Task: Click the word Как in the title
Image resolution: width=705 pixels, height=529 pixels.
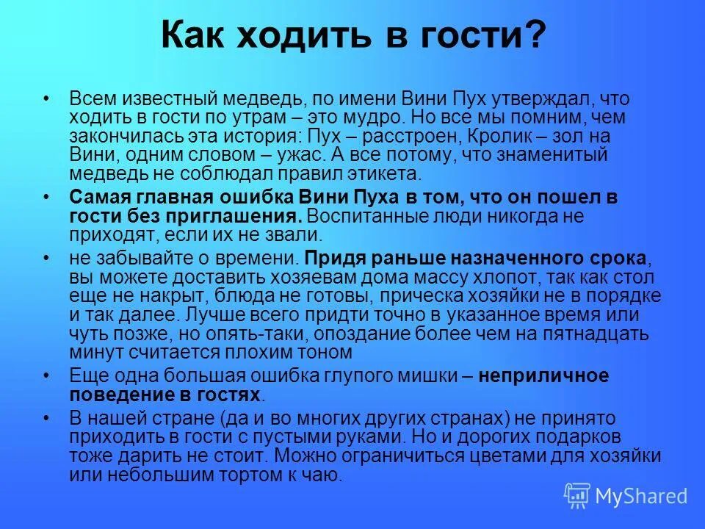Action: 193,35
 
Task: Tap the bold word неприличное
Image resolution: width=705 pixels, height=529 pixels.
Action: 543,376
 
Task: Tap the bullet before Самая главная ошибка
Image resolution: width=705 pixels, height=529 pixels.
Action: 47,198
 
